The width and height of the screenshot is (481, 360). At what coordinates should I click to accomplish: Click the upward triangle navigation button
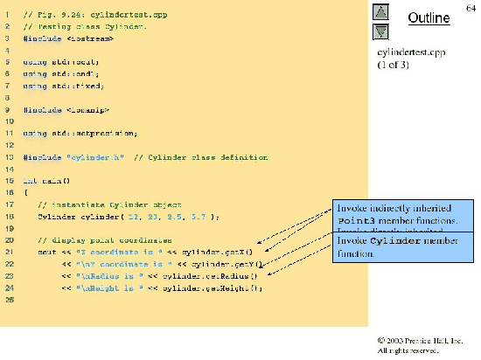[x=380, y=12]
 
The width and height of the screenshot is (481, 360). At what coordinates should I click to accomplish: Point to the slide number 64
[x=471, y=8]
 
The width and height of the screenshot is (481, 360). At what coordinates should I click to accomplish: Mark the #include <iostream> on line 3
[x=61, y=39]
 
